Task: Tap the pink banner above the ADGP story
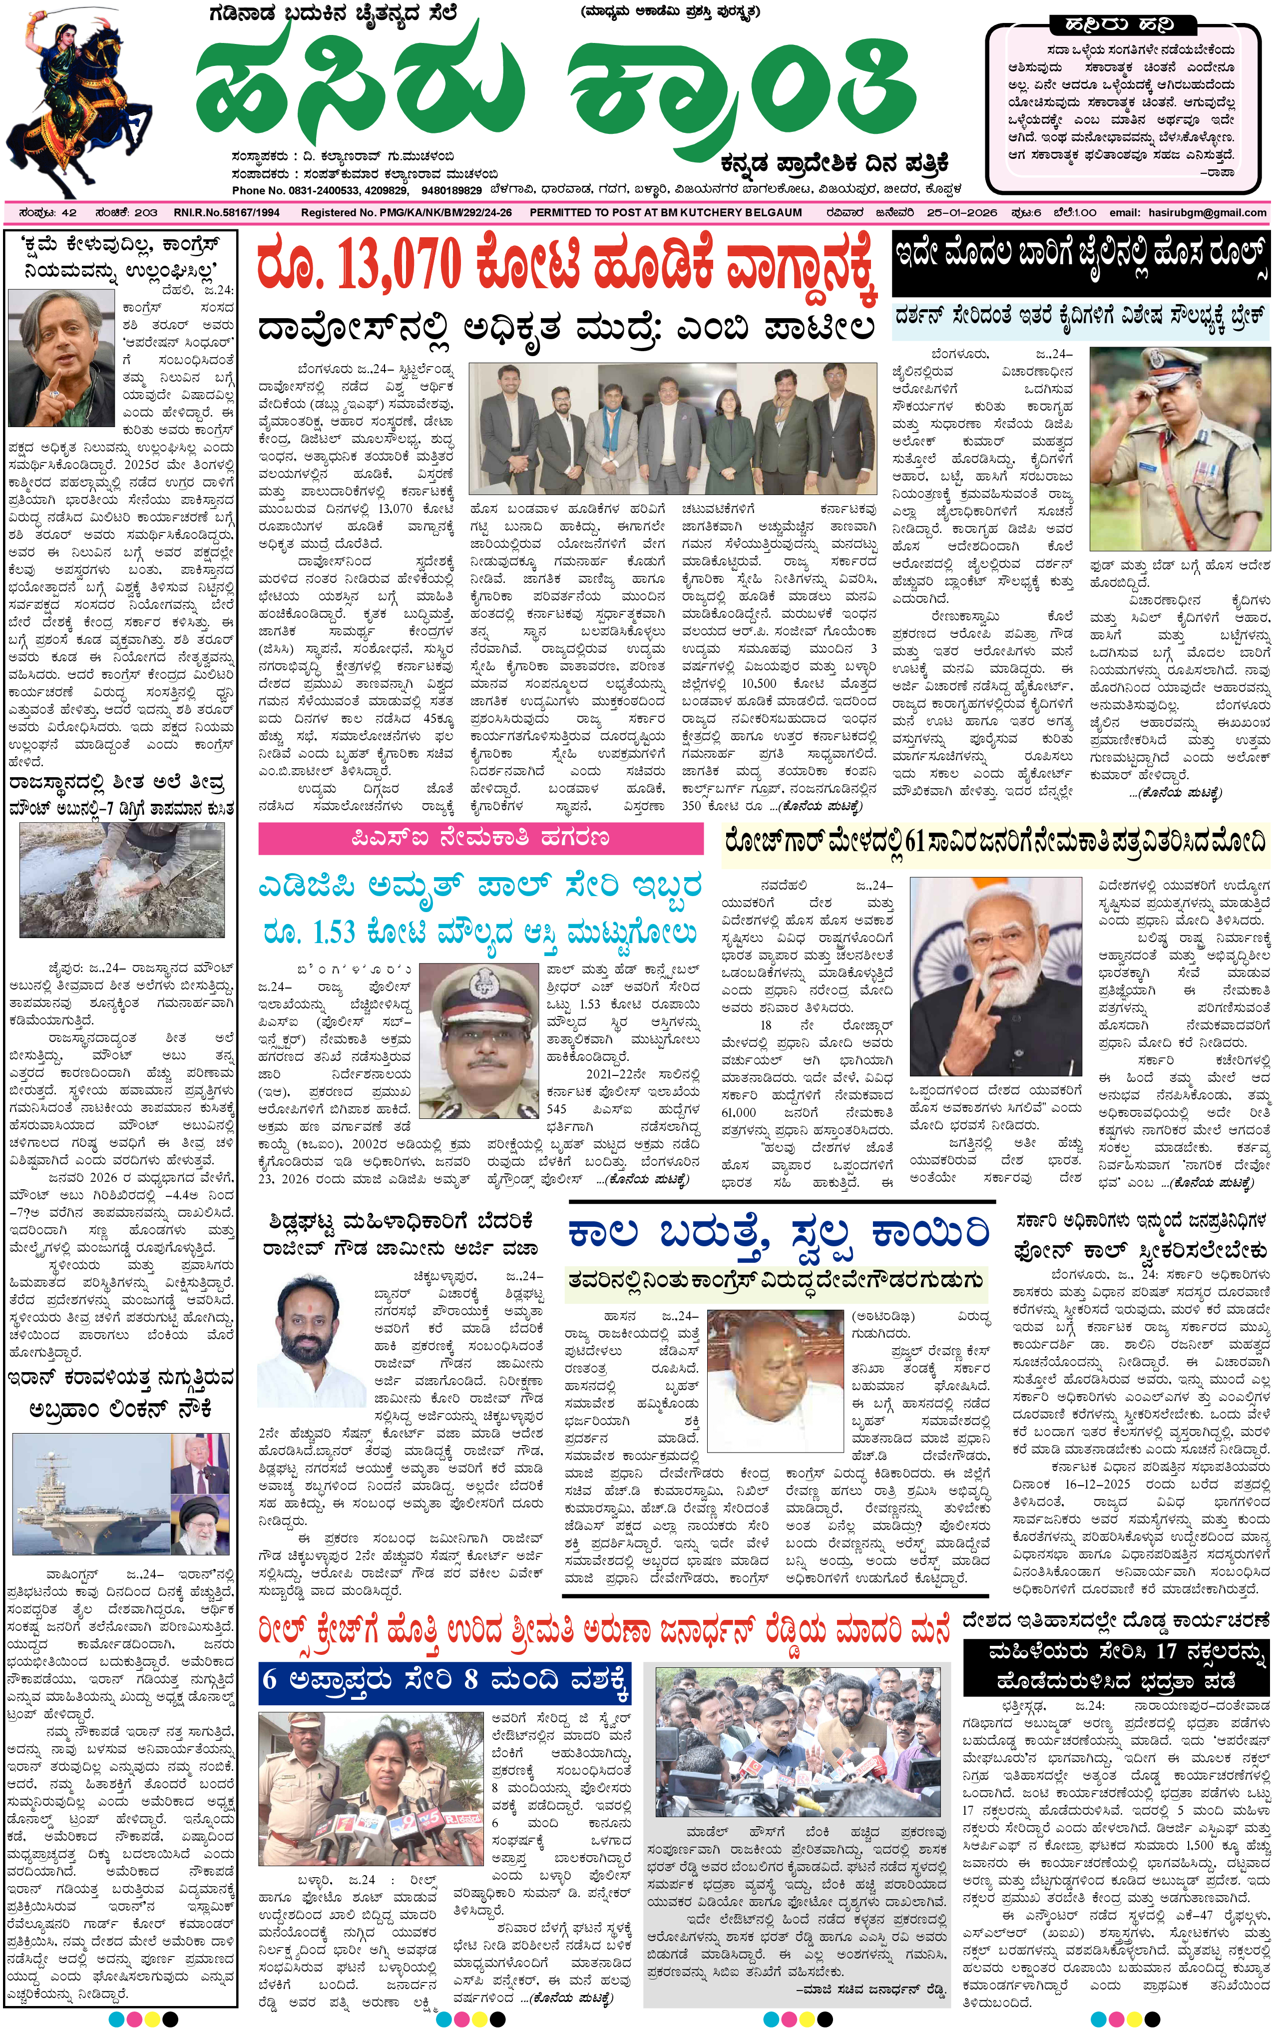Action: pyautogui.click(x=480, y=838)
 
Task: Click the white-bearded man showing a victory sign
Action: pyautogui.click(x=995, y=976)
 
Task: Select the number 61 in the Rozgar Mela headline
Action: pyautogui.click(x=914, y=841)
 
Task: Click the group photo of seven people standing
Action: pyautogui.click(x=672, y=428)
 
